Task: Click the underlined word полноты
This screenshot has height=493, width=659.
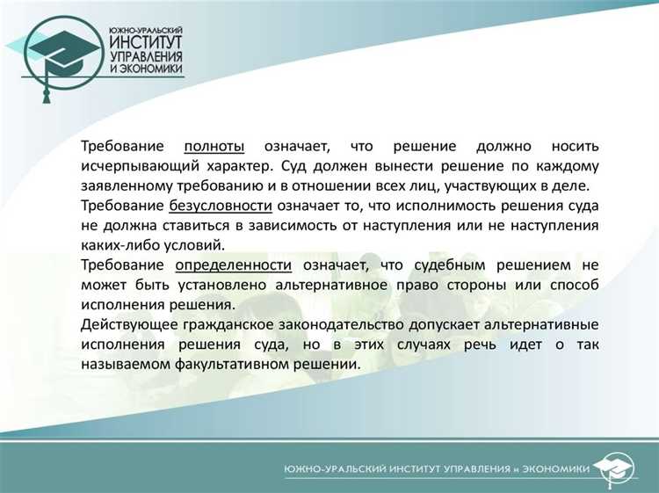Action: (x=214, y=145)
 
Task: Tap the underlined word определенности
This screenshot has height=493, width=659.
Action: (x=233, y=265)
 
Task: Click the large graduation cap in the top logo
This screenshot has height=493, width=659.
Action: (x=62, y=57)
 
